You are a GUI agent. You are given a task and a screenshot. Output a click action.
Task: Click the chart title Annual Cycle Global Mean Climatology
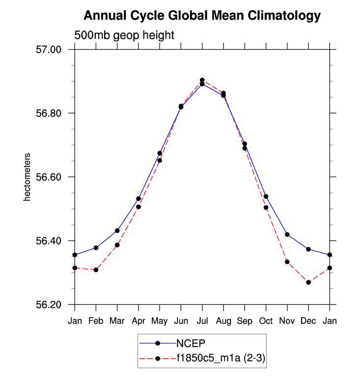pos(202,16)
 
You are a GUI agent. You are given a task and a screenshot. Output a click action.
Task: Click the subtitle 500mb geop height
pos(124,35)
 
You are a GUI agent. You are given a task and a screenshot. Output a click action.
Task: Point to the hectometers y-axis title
pos(28,177)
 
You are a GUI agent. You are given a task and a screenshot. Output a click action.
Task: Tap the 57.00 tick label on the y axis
pos(48,50)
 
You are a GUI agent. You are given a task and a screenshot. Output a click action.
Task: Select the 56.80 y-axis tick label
pos(48,113)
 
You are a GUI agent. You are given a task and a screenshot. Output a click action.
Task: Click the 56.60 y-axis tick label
pos(48,177)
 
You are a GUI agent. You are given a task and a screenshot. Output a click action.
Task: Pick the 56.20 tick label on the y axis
pos(48,305)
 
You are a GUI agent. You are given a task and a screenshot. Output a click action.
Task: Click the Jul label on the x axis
pos(202,321)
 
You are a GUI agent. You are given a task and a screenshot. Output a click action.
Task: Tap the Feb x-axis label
pos(96,321)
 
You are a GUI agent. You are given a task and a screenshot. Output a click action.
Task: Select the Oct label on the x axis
pos(266,321)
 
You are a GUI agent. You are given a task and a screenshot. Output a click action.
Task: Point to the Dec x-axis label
pos(308,321)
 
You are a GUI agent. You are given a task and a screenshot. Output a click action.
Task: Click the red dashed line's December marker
pos(308,282)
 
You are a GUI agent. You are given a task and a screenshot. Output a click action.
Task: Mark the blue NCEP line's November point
pos(287,235)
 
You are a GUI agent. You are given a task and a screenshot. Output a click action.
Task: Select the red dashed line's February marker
pos(96,270)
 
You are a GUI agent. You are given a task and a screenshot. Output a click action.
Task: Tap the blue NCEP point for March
pos(117,231)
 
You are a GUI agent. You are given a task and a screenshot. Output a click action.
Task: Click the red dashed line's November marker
pos(287,262)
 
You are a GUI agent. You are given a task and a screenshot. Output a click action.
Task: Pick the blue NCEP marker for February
pos(96,248)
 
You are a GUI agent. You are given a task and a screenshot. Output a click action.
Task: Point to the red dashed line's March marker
pos(117,245)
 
